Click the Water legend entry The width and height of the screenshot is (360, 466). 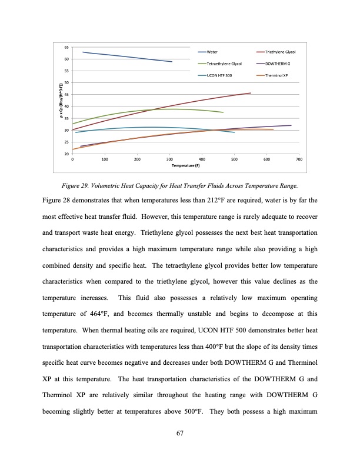pos(217,52)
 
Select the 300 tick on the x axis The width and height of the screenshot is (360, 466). pos(169,159)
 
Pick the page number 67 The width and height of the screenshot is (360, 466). pos(181,434)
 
